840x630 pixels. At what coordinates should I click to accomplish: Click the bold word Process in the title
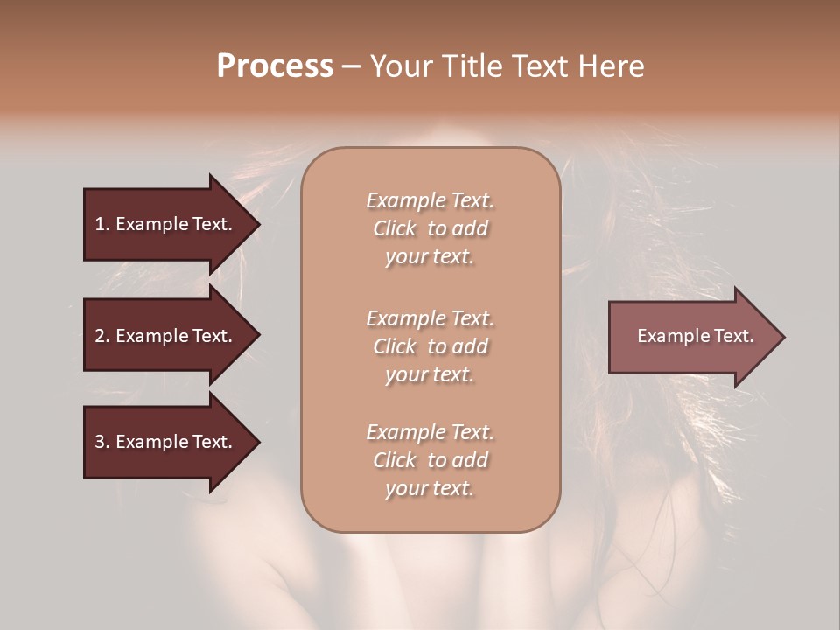coord(275,66)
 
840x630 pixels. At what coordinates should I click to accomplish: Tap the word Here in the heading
coord(612,66)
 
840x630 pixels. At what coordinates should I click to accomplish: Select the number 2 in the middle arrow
coord(100,336)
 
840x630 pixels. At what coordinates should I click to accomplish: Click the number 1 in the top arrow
coord(100,224)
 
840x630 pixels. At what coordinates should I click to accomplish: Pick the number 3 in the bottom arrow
coord(100,442)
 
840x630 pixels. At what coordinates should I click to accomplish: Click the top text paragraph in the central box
coord(430,228)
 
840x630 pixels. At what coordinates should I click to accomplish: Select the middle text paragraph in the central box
coord(430,346)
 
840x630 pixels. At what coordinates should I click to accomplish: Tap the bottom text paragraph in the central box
coord(430,460)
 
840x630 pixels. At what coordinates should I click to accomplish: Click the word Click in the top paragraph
coord(395,228)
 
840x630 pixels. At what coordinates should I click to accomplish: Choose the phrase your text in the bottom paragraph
coord(430,489)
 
